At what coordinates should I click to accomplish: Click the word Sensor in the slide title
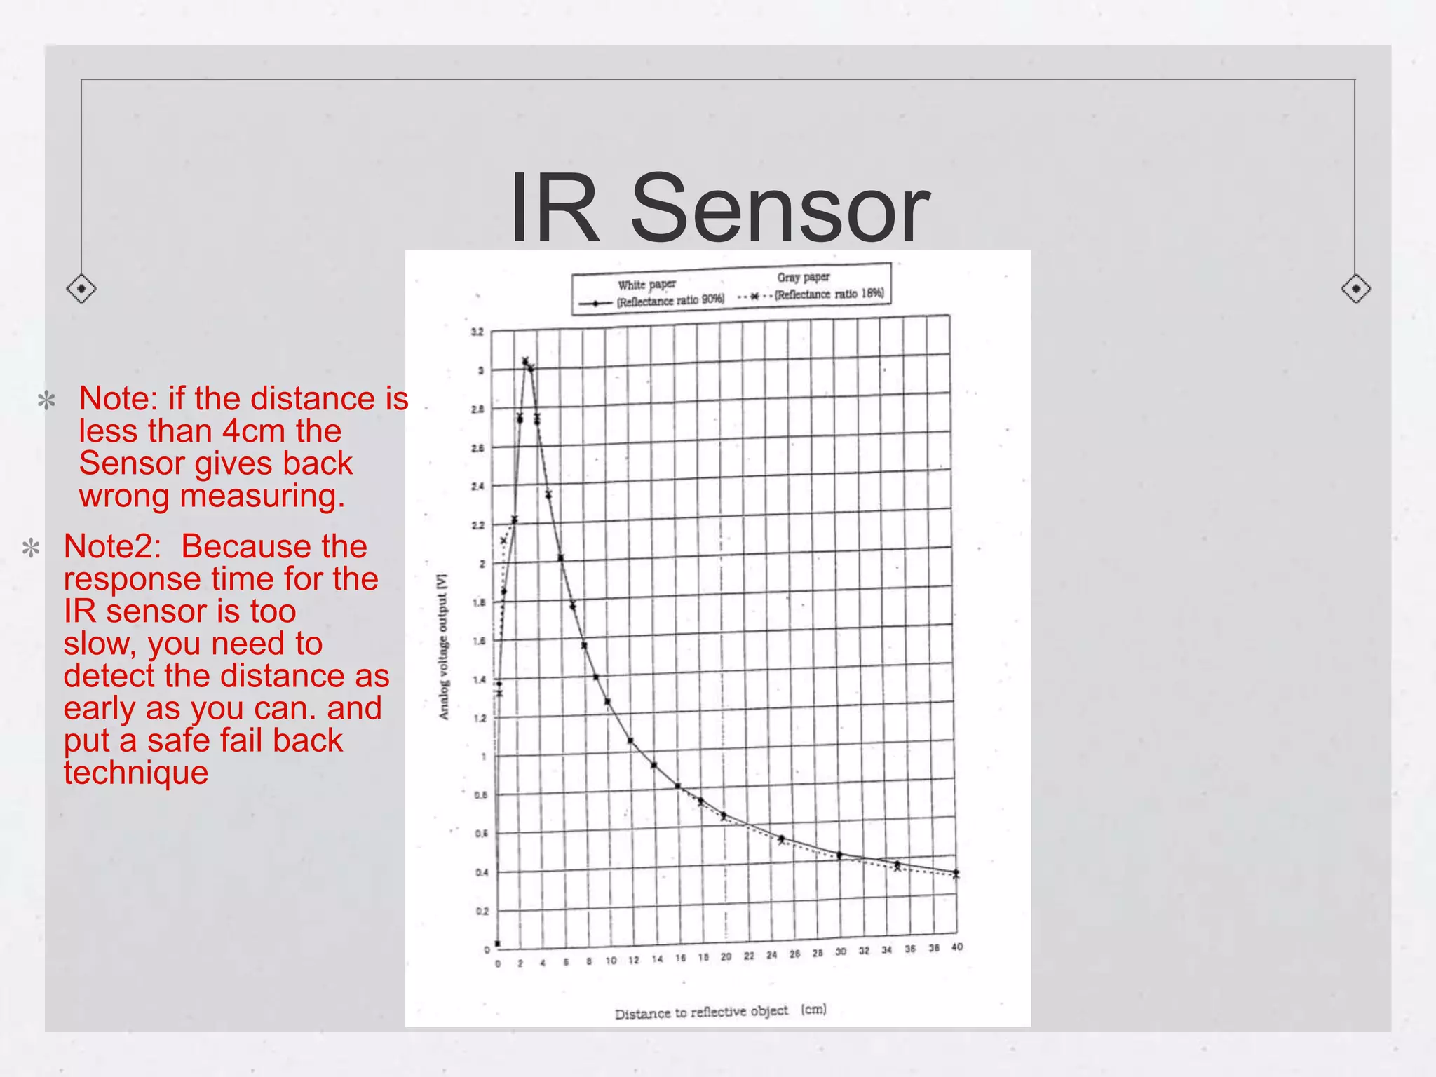click(x=780, y=209)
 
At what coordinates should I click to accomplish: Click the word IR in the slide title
click(x=554, y=209)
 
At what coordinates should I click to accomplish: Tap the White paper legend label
click(x=646, y=285)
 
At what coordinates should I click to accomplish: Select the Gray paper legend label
click(x=803, y=278)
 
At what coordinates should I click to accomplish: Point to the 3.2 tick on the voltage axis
click(x=477, y=332)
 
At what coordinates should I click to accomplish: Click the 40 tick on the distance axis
click(x=957, y=947)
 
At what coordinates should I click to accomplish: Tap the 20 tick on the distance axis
click(x=726, y=956)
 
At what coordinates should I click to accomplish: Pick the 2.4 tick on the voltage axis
click(x=477, y=486)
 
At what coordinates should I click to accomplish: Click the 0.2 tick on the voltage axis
click(x=482, y=911)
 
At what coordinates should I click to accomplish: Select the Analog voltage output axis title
click(x=443, y=646)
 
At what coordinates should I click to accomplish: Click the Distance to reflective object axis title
click(x=720, y=1012)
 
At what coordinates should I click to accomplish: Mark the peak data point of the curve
click(x=525, y=361)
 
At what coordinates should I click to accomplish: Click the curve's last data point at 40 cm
click(x=956, y=873)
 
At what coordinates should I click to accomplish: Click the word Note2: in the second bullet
click(x=112, y=546)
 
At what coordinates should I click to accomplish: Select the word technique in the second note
click(x=136, y=772)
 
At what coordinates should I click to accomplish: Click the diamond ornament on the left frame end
click(x=81, y=288)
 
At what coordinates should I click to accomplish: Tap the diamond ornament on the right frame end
click(x=1355, y=288)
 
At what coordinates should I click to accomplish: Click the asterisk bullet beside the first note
click(x=46, y=401)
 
